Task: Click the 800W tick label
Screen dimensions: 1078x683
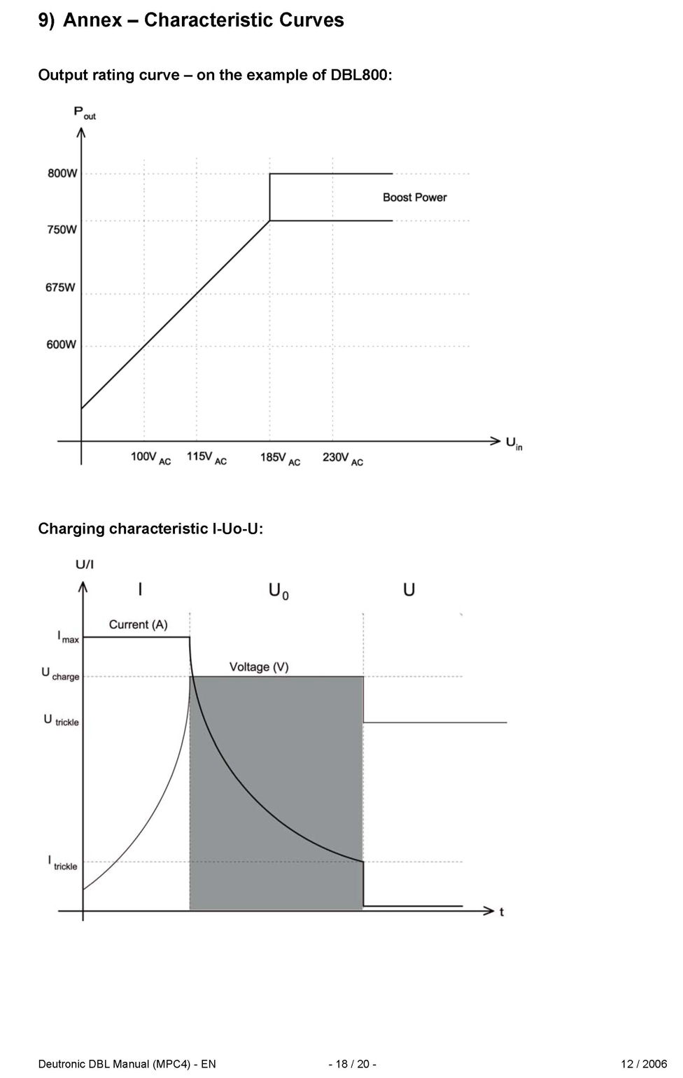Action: click(x=62, y=174)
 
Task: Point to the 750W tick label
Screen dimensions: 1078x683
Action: click(x=62, y=230)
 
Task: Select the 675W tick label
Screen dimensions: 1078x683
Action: click(x=61, y=287)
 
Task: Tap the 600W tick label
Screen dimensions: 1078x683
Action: click(x=62, y=344)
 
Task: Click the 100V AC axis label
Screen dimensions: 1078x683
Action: click(x=150, y=458)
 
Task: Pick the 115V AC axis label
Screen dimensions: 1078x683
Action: click(x=206, y=458)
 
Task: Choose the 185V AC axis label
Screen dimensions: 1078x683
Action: click(x=280, y=458)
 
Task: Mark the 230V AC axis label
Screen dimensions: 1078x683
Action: click(x=342, y=458)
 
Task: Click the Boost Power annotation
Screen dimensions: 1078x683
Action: click(x=414, y=197)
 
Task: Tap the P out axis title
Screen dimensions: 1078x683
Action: click(x=85, y=113)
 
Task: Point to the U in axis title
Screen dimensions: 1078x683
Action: click(x=514, y=443)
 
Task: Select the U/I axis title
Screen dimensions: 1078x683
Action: click(x=85, y=564)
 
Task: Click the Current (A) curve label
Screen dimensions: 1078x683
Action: click(x=138, y=624)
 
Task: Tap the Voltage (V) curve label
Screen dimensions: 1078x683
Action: click(x=259, y=667)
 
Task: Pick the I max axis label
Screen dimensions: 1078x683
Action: click(x=68, y=638)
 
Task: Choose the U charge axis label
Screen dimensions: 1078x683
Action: click(x=60, y=674)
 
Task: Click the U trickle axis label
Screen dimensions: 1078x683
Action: click(x=61, y=720)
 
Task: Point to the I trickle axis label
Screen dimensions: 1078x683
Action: click(x=62, y=863)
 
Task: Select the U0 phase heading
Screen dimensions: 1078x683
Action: click(x=279, y=591)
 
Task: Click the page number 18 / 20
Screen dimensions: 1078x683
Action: click(x=353, y=1064)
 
